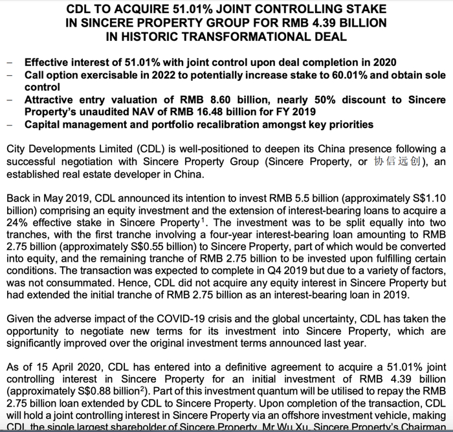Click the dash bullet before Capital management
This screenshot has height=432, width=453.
(8, 124)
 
